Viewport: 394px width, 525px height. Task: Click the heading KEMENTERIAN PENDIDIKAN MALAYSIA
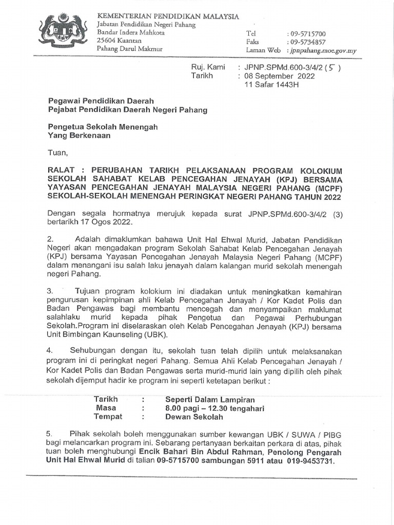point(168,16)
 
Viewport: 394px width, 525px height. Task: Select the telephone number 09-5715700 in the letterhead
point(307,34)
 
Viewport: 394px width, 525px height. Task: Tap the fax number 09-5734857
point(307,43)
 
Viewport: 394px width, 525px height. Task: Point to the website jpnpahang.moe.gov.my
point(323,51)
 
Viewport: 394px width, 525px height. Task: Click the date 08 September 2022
point(280,76)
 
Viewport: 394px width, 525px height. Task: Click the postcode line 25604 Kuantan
point(117,41)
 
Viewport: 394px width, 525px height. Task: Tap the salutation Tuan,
point(57,152)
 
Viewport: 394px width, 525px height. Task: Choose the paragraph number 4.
point(50,350)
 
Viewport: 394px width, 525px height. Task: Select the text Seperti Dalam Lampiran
point(210,399)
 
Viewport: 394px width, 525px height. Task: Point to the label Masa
point(106,408)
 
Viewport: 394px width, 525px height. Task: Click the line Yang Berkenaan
point(78,136)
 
